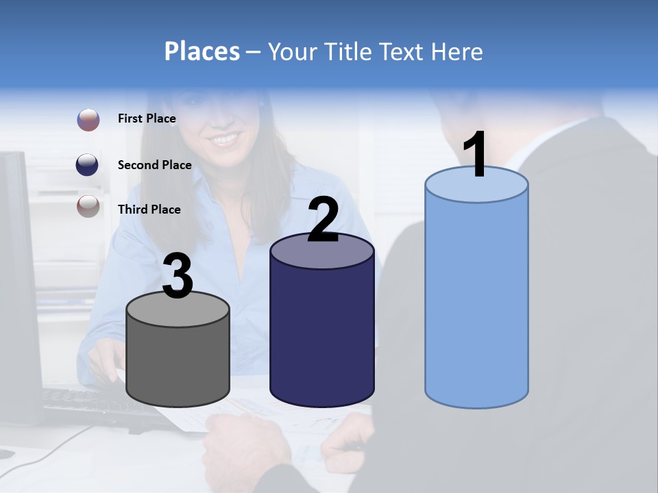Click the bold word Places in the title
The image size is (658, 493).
click(202, 51)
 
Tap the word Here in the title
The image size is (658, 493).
click(457, 52)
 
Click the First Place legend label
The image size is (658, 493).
click(147, 118)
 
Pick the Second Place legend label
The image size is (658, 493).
click(154, 164)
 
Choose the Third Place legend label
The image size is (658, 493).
click(149, 210)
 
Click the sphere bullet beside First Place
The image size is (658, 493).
click(88, 120)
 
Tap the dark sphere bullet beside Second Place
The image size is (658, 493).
click(88, 164)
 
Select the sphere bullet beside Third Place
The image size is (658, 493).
click(88, 206)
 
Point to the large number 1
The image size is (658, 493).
click(476, 155)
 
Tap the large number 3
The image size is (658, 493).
click(178, 277)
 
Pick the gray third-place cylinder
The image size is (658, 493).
click(178, 363)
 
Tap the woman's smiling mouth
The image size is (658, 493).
click(226, 140)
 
